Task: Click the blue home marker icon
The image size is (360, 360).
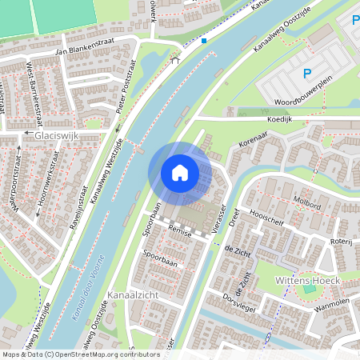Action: coord(180,173)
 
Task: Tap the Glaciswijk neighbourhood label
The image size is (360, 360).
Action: coord(58,137)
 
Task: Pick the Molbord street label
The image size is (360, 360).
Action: coord(307,206)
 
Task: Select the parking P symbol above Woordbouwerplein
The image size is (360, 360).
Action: coord(306,74)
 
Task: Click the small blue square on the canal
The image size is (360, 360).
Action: coord(204,40)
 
